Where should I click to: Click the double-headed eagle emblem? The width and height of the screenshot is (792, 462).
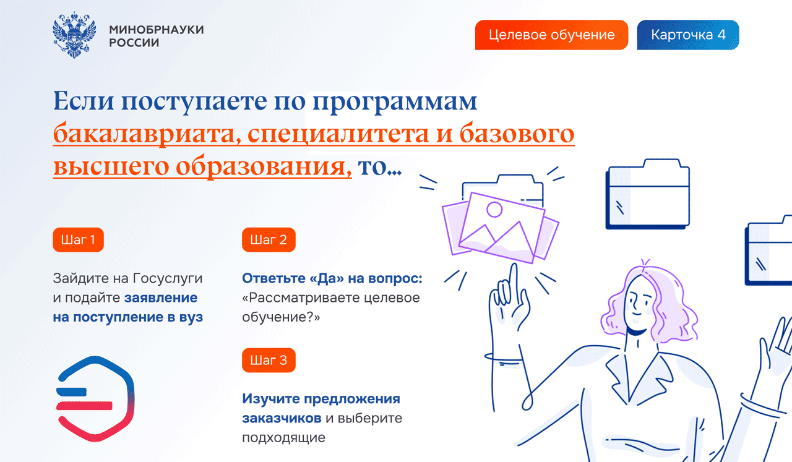click(x=74, y=35)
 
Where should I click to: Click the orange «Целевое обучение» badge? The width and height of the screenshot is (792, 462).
click(x=551, y=35)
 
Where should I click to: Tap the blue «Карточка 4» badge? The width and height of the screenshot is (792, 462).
click(x=687, y=35)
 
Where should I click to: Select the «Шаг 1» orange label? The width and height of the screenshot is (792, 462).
click(x=78, y=240)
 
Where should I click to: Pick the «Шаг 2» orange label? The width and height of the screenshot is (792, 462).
click(x=269, y=240)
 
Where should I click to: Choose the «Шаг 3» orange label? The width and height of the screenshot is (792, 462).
click(x=269, y=360)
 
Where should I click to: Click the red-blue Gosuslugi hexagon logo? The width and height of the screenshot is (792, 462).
click(x=95, y=399)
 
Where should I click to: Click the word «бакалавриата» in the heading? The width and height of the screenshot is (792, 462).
click(x=147, y=134)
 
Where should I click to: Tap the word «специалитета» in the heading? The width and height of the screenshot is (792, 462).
click(x=338, y=135)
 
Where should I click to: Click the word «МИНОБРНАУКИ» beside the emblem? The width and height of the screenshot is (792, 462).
click(x=157, y=29)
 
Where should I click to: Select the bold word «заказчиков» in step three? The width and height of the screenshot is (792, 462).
click(x=282, y=418)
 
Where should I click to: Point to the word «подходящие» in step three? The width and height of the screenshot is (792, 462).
click(x=283, y=438)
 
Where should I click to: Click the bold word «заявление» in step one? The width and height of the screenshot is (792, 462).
click(x=161, y=297)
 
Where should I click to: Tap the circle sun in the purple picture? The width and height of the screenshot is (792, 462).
click(x=494, y=209)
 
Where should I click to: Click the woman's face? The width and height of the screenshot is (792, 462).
click(x=639, y=303)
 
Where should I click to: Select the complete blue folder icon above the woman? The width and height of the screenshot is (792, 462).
click(x=648, y=194)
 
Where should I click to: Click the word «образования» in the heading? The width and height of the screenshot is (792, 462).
click(x=261, y=167)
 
